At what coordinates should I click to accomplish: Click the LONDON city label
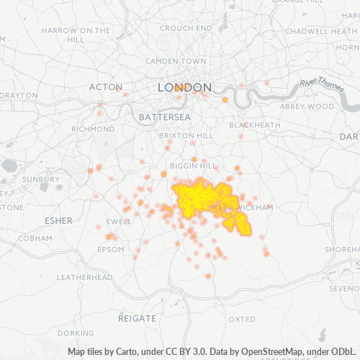(184, 87)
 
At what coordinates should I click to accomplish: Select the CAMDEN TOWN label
(176, 62)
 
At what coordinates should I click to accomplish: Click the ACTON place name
(106, 87)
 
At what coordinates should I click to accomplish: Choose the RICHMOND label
(93, 129)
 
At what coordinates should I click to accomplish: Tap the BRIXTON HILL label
(186, 135)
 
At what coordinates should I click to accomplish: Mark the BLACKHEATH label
(255, 125)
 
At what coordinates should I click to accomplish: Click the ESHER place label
(58, 220)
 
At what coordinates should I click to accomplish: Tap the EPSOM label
(110, 249)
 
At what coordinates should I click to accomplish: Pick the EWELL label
(117, 222)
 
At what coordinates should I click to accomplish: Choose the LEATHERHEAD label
(84, 277)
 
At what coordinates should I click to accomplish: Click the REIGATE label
(137, 318)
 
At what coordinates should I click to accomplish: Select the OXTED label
(241, 318)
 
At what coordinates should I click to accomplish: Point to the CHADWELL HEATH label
(317, 31)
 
